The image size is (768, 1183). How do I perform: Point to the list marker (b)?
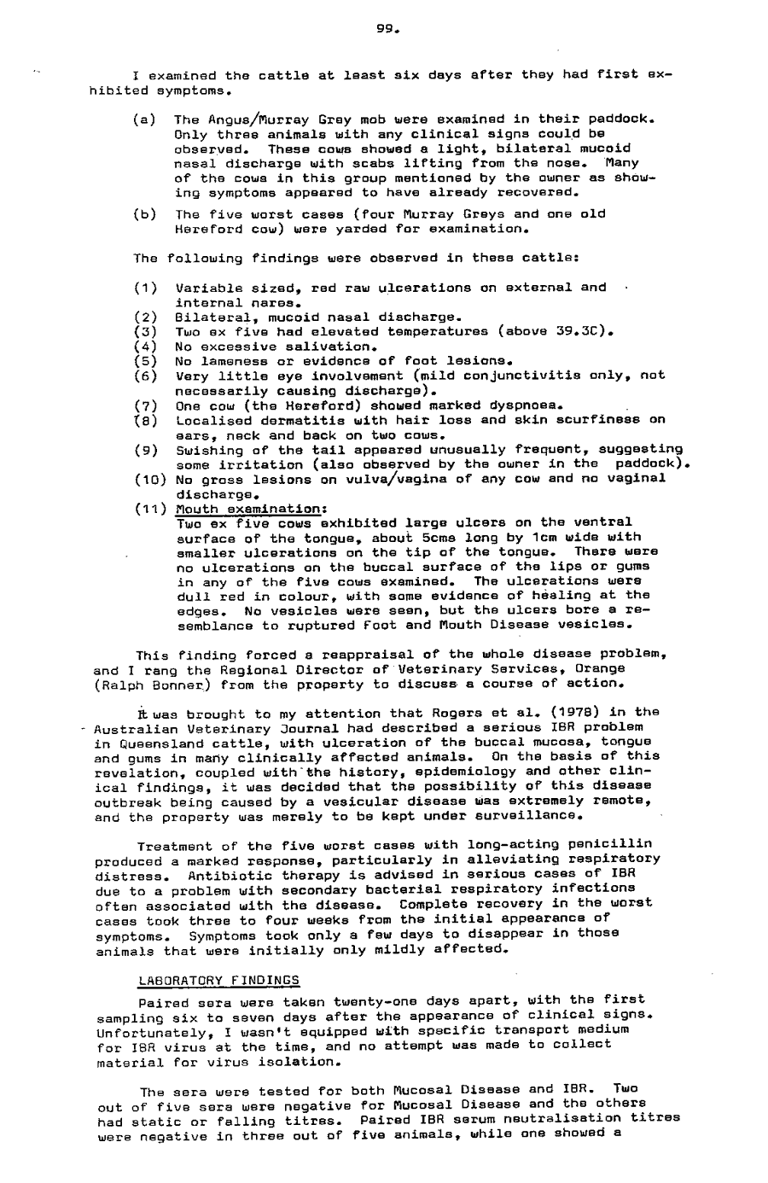click(144, 214)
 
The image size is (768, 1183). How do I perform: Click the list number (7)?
click(145, 404)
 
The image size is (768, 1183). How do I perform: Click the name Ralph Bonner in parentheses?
click(141, 683)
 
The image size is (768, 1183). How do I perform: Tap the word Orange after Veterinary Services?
click(601, 668)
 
